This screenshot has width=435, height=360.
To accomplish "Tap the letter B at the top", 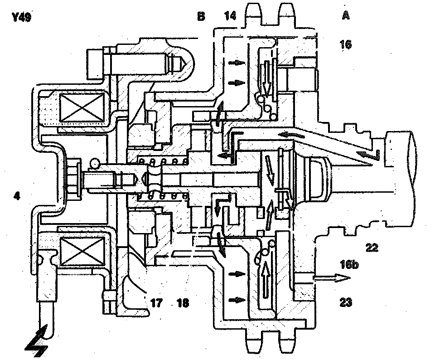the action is [201, 17].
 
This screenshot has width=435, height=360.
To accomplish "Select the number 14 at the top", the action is [231, 17].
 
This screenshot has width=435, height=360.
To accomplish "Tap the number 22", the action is [372, 248].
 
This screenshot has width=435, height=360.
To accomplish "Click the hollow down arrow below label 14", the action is [266, 77].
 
